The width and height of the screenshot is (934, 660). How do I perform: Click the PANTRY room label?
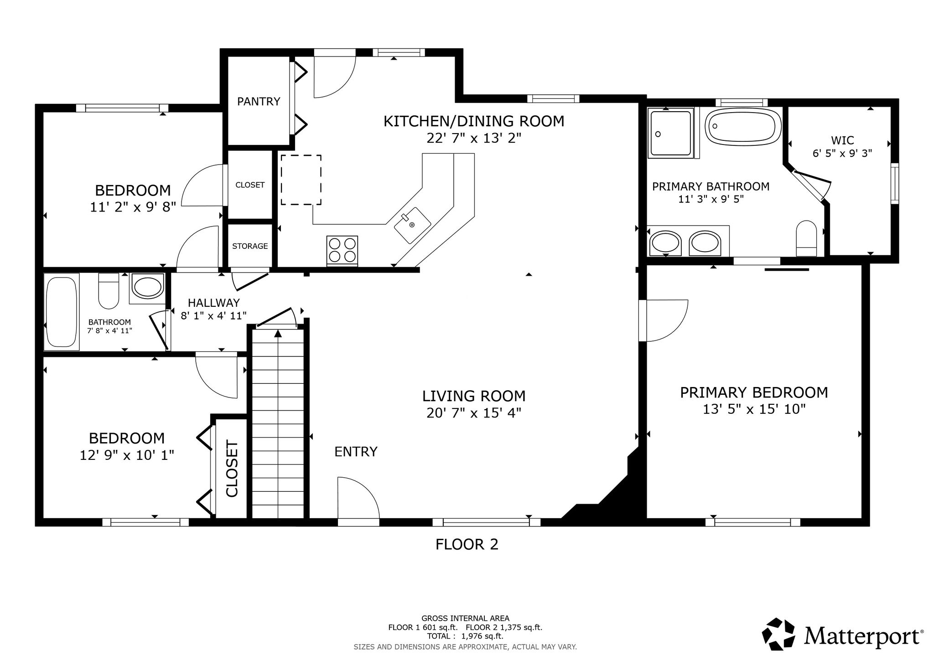point(259,101)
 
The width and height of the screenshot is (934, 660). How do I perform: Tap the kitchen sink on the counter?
point(412,225)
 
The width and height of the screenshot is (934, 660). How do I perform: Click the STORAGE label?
point(250,246)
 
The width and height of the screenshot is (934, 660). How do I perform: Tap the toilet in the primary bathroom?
point(806,238)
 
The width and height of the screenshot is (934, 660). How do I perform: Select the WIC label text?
point(842,140)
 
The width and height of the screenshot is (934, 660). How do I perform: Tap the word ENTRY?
point(356,452)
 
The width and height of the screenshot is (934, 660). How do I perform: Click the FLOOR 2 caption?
point(467,544)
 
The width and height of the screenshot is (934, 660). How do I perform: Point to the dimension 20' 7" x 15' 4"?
point(474,413)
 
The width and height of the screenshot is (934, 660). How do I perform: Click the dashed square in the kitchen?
point(301,180)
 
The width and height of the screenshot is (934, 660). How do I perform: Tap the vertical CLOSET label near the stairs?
point(232,469)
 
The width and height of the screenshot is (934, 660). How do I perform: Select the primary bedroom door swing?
point(663,320)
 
